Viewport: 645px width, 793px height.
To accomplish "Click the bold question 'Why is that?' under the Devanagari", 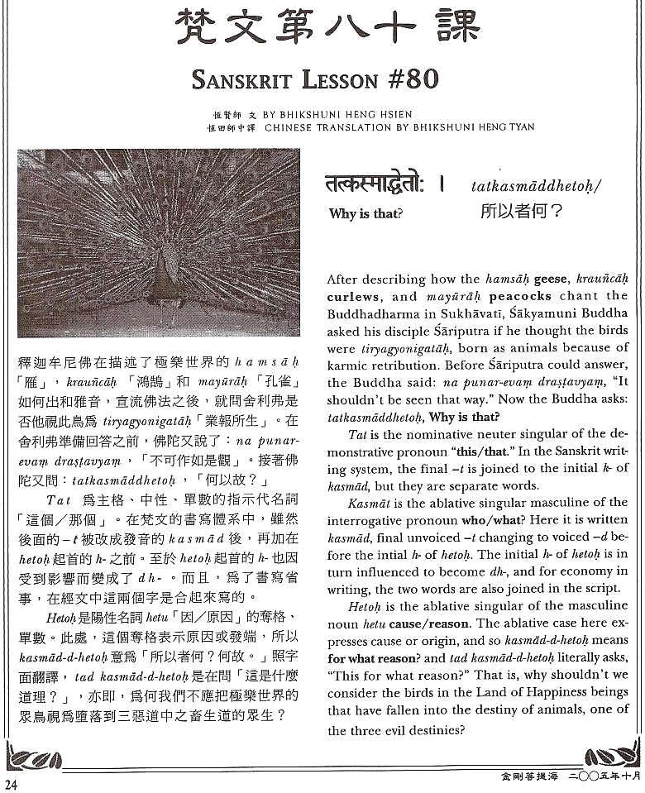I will tap(365, 213).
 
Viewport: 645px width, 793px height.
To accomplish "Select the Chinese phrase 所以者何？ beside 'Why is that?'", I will tap(521, 211).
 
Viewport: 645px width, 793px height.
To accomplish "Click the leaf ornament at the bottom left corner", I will tap(33, 757).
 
